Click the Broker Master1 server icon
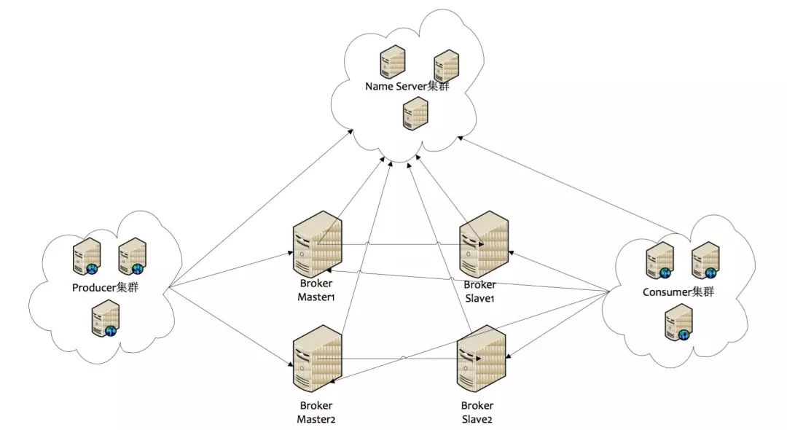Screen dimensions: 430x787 [317, 243]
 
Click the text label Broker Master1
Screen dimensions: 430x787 [316, 290]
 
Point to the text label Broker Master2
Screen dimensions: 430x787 [316, 412]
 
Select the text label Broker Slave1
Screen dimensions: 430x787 [479, 290]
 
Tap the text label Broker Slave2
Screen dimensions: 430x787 [477, 412]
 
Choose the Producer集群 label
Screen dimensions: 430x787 [105, 287]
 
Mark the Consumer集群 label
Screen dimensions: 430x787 [678, 292]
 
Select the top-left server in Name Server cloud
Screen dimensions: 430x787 [392, 62]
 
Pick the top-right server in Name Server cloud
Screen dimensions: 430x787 [445, 66]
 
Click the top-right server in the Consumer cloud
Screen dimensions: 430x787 [705, 260]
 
